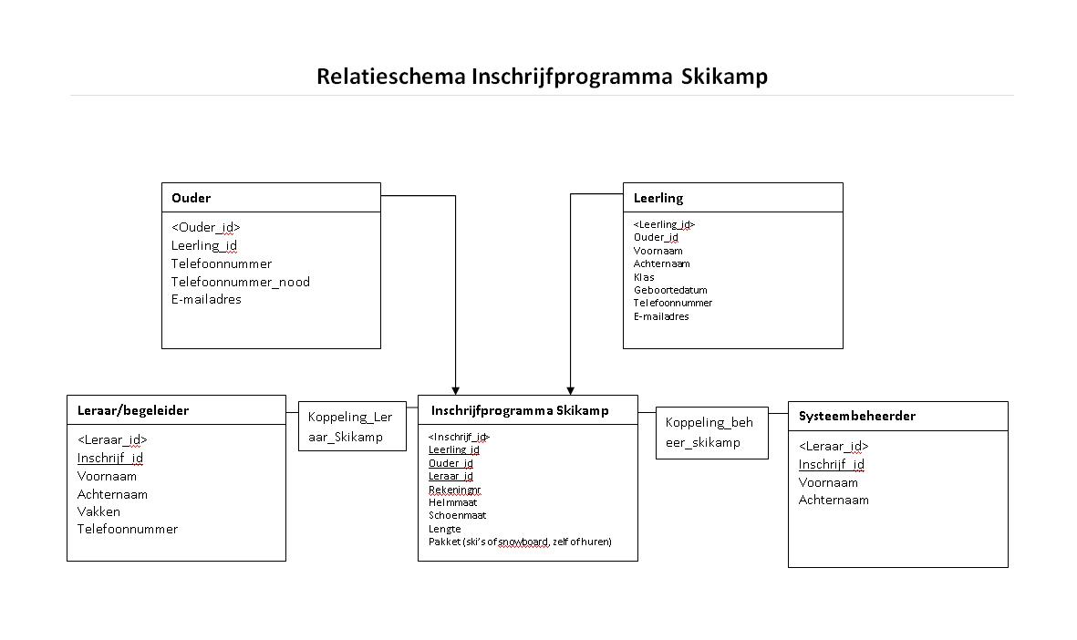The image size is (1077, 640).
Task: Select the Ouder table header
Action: (191, 198)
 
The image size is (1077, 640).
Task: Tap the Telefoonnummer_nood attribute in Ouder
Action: (240, 282)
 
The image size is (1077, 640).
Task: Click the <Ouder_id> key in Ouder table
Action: (205, 227)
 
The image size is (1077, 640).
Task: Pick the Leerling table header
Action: (658, 198)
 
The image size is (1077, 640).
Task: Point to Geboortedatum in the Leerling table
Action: (670, 290)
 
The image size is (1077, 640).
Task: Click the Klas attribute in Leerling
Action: (644, 277)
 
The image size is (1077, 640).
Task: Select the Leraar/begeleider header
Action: (132, 410)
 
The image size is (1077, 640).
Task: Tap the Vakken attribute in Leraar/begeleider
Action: (98, 511)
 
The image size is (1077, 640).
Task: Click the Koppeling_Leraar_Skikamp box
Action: (350, 427)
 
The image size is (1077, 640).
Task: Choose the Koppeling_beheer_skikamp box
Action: (710, 432)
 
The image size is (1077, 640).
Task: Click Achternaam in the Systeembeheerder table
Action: (834, 500)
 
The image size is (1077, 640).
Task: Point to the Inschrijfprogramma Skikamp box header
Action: (519, 410)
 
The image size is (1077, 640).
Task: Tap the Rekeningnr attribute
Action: (454, 490)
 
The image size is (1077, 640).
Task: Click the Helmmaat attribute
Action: (452, 502)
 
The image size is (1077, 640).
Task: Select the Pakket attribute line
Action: (520, 542)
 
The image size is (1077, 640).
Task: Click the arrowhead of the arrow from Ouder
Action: (455, 387)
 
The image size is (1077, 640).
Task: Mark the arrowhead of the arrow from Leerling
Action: (570, 387)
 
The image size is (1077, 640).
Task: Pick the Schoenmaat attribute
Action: (457, 515)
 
